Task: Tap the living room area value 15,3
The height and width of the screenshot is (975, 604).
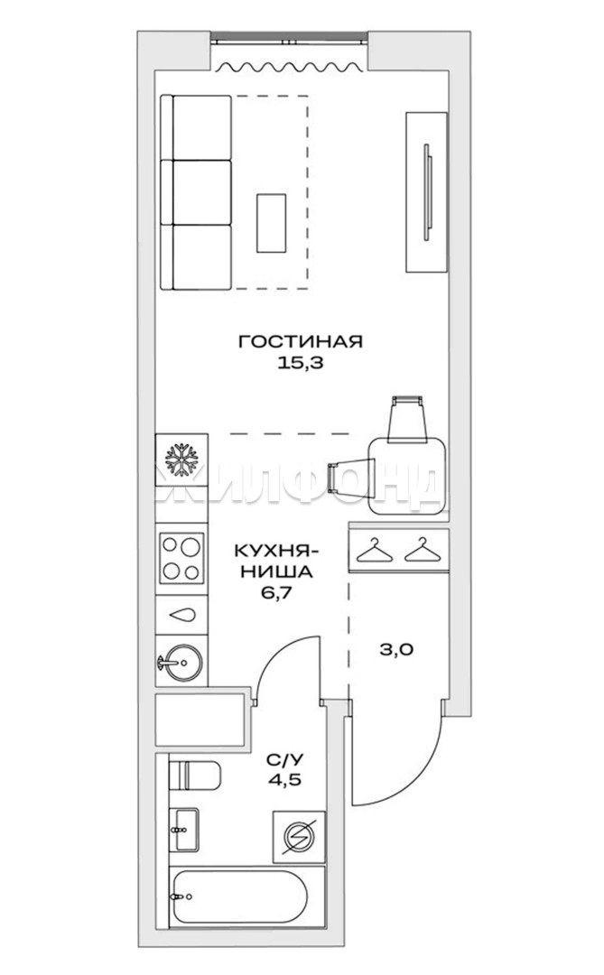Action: click(x=301, y=363)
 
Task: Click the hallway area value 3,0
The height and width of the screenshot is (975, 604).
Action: click(x=397, y=650)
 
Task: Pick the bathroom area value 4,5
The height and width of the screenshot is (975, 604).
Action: click(x=284, y=779)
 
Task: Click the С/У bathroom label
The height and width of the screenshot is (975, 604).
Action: click(x=285, y=758)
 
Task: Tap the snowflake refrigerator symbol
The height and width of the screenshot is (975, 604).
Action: click(x=181, y=460)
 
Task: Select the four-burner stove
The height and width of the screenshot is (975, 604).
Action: click(x=182, y=558)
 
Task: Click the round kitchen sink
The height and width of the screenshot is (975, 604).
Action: click(x=181, y=661)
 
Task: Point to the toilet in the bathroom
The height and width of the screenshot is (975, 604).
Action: click(x=195, y=775)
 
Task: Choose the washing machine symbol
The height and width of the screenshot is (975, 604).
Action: click(x=300, y=837)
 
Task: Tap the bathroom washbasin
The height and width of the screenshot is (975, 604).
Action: click(x=184, y=830)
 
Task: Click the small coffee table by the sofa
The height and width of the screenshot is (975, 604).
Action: click(x=271, y=223)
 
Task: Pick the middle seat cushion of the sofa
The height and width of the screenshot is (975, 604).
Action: click(x=201, y=192)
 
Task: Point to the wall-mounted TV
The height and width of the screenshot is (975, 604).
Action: click(x=427, y=192)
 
